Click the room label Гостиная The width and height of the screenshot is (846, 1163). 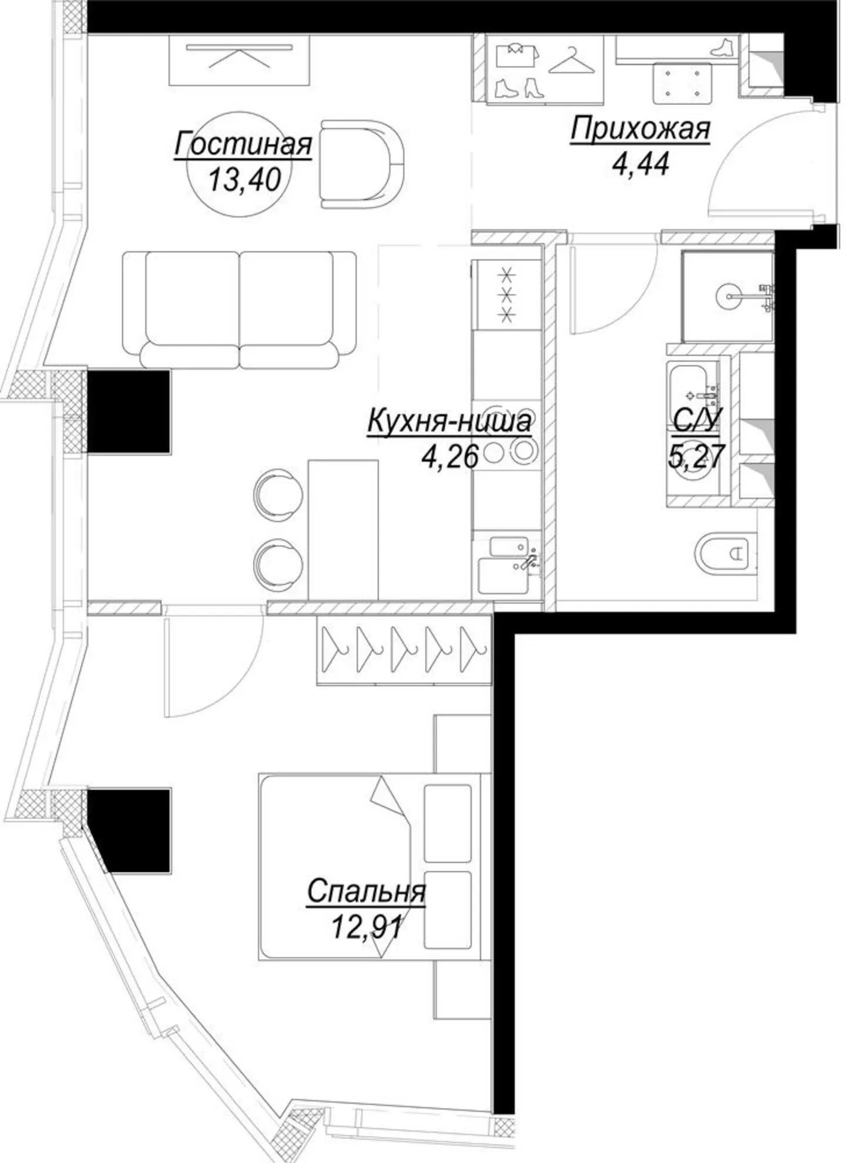pyautogui.click(x=243, y=144)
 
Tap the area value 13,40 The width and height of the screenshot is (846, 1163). pyautogui.click(x=244, y=179)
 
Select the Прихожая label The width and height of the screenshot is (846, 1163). pyautogui.click(x=640, y=129)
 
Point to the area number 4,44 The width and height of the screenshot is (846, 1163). pyautogui.click(x=640, y=164)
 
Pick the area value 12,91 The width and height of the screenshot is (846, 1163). pyautogui.click(x=367, y=928)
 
